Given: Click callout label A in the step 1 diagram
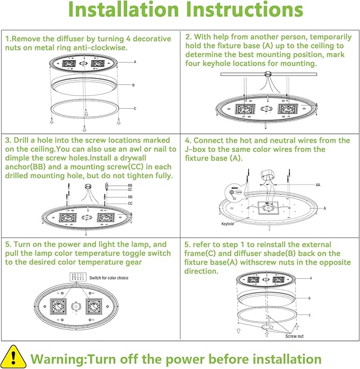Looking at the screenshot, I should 135,62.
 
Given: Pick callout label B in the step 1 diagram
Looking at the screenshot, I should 133,85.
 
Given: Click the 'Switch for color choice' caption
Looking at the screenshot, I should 109,278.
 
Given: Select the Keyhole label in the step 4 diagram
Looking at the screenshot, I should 227,224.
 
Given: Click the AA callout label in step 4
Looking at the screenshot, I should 318,185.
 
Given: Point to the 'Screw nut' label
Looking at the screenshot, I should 295,336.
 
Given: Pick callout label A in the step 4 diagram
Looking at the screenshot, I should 324,209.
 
